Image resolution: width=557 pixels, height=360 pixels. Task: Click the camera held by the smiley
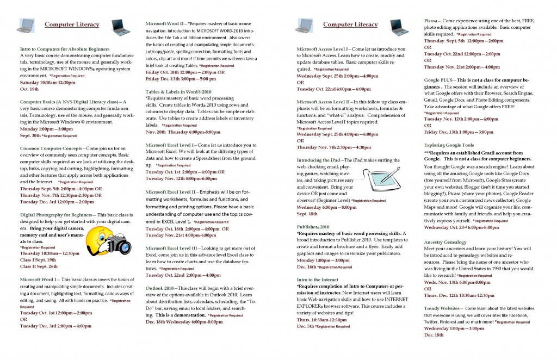coord(119,245)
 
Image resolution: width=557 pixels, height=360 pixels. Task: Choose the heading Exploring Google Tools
coord(449,145)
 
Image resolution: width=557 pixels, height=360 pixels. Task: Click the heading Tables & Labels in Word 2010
coord(178,91)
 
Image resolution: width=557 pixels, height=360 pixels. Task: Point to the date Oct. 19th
coord(29,89)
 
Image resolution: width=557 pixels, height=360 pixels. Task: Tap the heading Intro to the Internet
coord(319,279)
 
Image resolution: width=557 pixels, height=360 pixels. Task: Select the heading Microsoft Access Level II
coord(323,102)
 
